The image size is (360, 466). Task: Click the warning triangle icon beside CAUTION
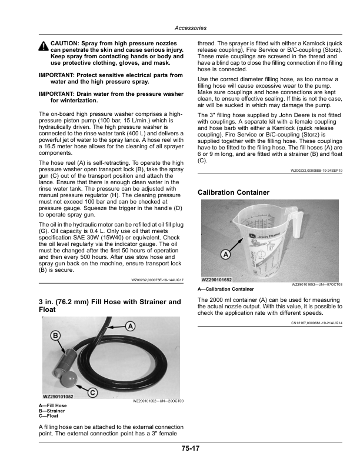pos(44,47)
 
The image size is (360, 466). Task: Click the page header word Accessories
pos(190,28)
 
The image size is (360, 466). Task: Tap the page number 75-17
pos(190,449)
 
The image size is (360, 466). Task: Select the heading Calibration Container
pos(234,192)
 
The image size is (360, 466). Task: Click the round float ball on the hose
pos(71,376)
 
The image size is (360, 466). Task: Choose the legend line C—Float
pos(49,415)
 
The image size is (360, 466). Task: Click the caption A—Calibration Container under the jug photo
pos(226,289)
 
